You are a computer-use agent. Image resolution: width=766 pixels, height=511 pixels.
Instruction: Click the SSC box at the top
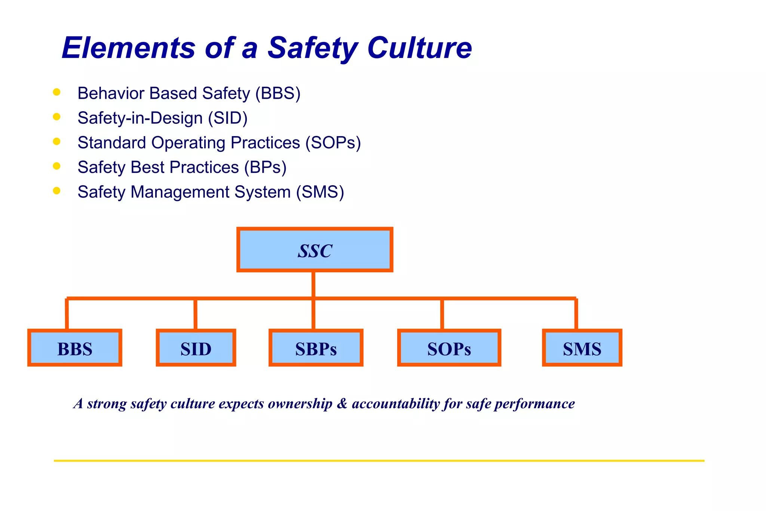[315, 250]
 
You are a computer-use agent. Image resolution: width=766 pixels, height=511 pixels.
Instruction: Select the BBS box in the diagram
[75, 348]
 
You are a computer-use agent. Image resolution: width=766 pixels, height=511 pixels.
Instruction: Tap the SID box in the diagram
[196, 348]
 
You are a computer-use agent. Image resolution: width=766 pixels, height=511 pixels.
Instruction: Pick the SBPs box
[316, 348]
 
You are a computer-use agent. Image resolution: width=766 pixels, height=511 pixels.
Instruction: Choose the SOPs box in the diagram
[449, 348]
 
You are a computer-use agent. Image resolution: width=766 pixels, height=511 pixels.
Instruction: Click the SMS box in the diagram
[582, 348]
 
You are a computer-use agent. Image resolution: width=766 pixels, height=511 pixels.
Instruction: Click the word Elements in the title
[129, 48]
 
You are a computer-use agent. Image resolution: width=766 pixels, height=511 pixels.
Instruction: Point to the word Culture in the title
[419, 48]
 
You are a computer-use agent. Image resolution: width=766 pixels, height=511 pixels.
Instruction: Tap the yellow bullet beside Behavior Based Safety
[57, 92]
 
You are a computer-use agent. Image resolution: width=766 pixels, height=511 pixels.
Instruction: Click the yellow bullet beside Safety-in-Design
[57, 117]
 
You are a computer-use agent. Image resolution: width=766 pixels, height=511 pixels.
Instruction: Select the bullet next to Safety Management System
[57, 191]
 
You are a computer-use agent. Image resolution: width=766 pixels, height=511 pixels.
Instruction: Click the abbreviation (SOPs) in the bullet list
[333, 143]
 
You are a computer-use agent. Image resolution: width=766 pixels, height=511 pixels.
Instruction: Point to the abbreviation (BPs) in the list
[265, 168]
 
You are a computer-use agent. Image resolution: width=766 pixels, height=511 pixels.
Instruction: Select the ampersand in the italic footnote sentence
[342, 404]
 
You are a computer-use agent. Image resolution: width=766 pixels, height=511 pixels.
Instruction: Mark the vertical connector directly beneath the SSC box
[313, 284]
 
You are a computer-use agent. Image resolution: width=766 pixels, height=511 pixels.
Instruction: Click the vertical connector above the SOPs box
[442, 314]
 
